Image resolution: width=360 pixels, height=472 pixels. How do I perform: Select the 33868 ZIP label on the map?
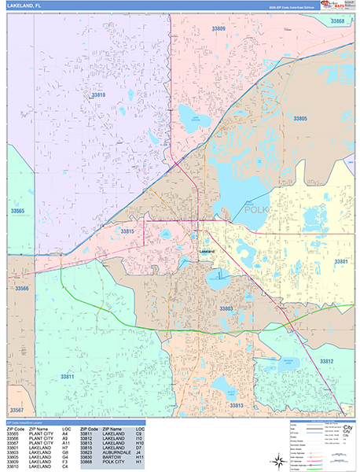(x=336, y=20)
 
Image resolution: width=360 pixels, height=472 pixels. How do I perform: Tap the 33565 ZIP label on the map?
(x=17, y=211)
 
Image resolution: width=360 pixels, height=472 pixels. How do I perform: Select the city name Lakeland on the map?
(x=207, y=251)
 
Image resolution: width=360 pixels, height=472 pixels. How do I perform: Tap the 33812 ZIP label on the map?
(x=326, y=360)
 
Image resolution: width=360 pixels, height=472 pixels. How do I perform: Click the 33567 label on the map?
(x=17, y=411)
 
